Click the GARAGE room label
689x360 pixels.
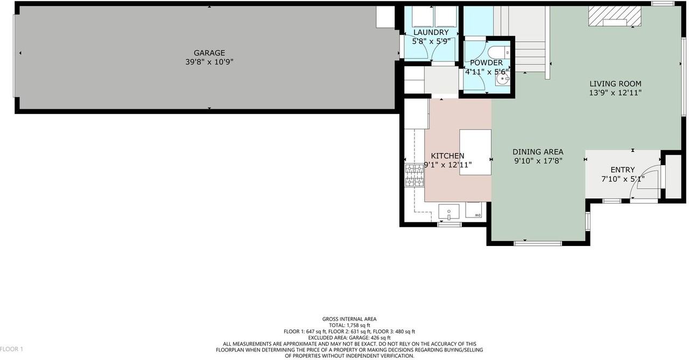point(209,53)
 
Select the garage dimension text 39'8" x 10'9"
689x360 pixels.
point(209,62)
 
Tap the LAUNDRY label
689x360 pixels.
point(431,32)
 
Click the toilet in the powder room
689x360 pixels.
point(496,52)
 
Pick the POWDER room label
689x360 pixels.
point(486,63)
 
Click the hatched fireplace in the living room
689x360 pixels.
point(614,17)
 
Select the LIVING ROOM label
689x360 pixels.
point(615,83)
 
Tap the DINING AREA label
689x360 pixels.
point(538,152)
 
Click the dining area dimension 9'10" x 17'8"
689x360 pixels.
point(538,161)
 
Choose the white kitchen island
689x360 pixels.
point(475,152)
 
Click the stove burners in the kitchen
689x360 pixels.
point(414,175)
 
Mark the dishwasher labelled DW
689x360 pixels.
point(474,210)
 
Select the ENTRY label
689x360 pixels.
point(622,170)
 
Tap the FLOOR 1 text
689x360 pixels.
point(11,349)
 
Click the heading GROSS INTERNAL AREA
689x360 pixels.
point(349,319)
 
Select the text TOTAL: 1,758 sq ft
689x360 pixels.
point(349,326)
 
